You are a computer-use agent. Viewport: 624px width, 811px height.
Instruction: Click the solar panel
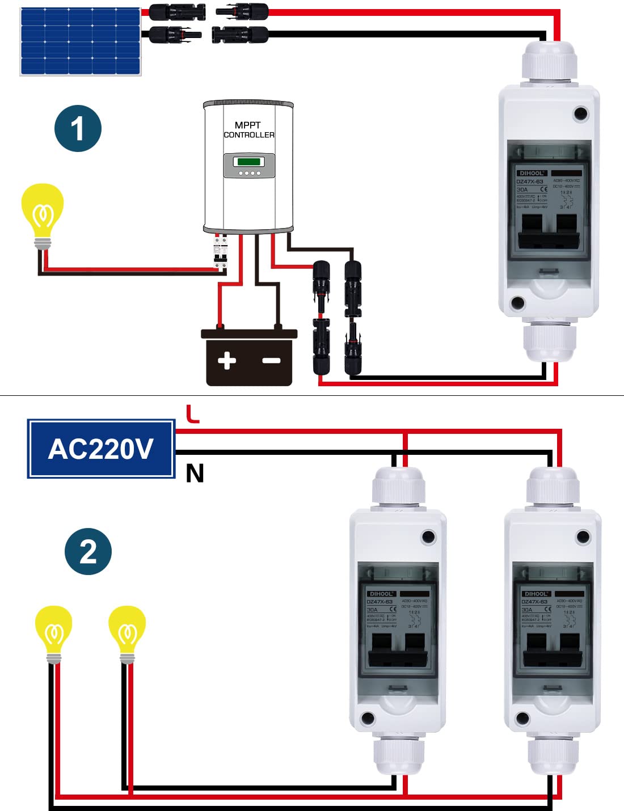click(80, 41)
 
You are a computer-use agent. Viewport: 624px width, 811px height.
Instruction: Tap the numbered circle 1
click(78, 129)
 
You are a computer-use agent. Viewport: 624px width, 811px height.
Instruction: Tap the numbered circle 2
click(88, 551)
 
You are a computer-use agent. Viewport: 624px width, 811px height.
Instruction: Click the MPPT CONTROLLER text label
click(248, 130)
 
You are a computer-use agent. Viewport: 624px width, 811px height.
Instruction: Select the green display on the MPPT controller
click(249, 162)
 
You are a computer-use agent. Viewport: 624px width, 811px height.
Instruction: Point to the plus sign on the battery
click(227, 360)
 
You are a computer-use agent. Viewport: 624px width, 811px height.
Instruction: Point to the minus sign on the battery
click(271, 361)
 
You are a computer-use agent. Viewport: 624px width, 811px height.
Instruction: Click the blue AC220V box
click(101, 449)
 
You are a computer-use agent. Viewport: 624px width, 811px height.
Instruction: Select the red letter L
click(193, 414)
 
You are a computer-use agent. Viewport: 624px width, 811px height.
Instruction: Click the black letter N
click(195, 473)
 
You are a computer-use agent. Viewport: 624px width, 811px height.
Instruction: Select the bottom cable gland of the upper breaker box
click(549, 340)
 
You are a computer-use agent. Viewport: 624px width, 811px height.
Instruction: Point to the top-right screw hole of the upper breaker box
click(580, 114)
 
